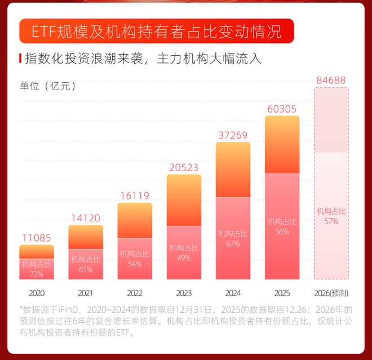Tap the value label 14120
tap(86, 217)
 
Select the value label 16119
tap(135, 195)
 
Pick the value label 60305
tap(282, 108)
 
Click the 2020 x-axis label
tap(37, 294)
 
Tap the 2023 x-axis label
tap(184, 294)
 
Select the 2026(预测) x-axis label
tap(331, 294)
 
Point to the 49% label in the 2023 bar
tap(184, 257)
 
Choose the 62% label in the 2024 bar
tap(233, 243)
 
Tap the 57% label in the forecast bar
tap(331, 221)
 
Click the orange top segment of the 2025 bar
tap(282, 144)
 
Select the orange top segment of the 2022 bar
tap(135, 220)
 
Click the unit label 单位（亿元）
tap(48, 86)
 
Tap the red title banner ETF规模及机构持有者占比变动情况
tap(157, 31)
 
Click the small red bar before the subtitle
tap(20, 58)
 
